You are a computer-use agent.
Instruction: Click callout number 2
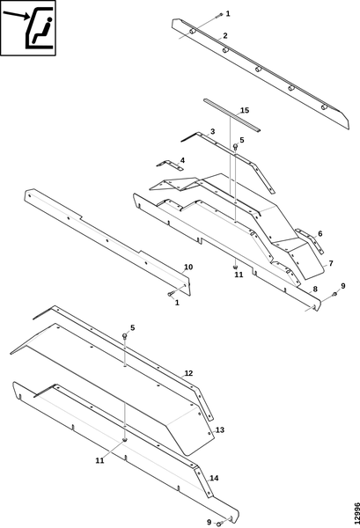(225, 36)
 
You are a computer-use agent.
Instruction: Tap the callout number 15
(245, 111)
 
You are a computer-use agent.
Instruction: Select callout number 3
(212, 131)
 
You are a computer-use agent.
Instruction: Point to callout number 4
(182, 159)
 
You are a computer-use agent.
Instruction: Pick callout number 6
(320, 233)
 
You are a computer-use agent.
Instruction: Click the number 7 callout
(331, 263)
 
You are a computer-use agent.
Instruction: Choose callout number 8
(315, 289)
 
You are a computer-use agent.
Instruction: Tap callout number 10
(188, 267)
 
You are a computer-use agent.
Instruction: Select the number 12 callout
(188, 373)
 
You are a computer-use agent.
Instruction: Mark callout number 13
(220, 430)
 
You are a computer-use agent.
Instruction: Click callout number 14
(214, 478)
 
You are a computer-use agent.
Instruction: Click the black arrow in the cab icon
(16, 16)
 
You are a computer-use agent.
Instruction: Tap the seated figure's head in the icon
(49, 20)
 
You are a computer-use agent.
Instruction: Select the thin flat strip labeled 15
(232, 115)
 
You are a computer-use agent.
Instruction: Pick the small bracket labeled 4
(170, 165)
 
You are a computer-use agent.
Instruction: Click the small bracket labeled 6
(310, 241)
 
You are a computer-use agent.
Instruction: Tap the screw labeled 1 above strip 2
(220, 14)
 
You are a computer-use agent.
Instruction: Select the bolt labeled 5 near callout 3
(236, 146)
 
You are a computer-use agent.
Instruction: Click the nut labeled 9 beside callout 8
(334, 294)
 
